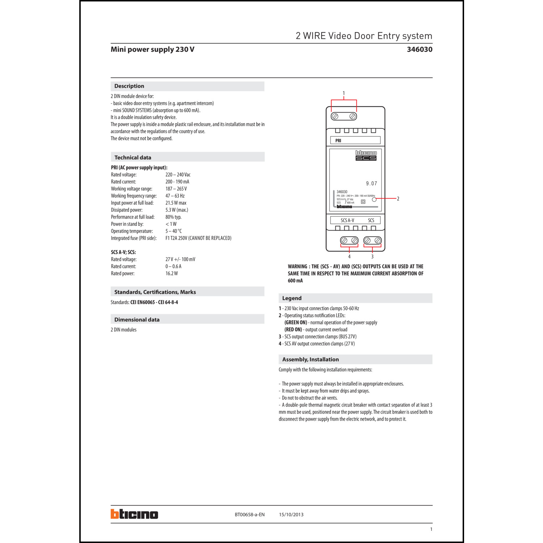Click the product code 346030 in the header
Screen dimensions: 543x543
(419, 49)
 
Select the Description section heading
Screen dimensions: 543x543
(129, 86)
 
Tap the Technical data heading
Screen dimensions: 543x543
(133, 157)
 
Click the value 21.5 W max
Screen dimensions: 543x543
(176, 203)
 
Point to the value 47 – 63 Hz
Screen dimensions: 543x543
(175, 196)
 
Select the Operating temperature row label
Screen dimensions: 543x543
(132, 231)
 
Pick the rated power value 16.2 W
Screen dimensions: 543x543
(172, 274)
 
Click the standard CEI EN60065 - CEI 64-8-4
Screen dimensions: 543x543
(154, 302)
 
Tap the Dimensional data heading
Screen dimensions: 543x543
(137, 320)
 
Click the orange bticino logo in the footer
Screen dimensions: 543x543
(134, 514)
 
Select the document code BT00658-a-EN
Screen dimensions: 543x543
(249, 515)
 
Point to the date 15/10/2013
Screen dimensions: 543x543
(291, 515)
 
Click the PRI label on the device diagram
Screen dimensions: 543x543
(338, 140)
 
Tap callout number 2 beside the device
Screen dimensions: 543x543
(398, 199)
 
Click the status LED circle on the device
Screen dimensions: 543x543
(374, 199)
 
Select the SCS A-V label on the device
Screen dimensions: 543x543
(348, 220)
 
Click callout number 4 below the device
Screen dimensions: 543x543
(349, 257)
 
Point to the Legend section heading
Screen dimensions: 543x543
(292, 298)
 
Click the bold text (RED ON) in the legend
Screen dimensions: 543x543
(293, 330)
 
